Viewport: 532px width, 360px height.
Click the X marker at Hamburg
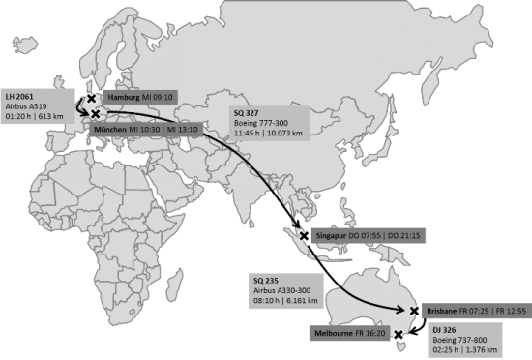click(91, 98)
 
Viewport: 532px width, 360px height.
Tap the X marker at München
click(96, 115)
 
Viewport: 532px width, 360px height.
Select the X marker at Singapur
click(305, 235)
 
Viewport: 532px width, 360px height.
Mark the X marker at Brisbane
click(415, 311)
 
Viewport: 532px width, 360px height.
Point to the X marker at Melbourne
click(398, 334)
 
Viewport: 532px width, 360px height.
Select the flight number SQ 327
click(246, 112)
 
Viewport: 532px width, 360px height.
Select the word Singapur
click(335, 235)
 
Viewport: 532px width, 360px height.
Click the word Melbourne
click(340, 333)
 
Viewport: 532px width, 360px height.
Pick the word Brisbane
click(442, 311)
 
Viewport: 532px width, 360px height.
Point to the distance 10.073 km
click(287, 134)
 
